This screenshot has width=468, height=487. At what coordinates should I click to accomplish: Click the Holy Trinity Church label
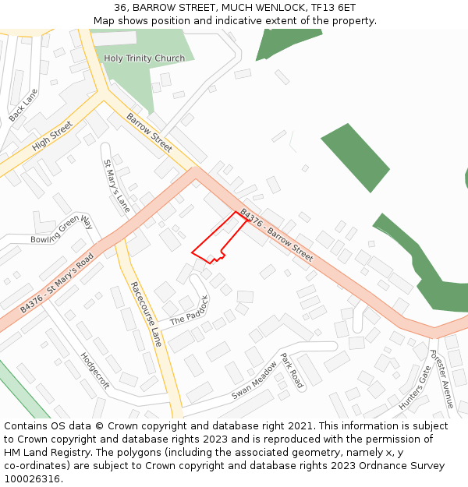[144, 58]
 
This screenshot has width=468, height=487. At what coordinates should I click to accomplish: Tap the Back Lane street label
[23, 105]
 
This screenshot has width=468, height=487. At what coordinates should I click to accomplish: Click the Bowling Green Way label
[62, 230]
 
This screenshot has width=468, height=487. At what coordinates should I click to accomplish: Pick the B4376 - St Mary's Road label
[58, 283]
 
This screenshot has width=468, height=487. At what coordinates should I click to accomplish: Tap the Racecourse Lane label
[146, 314]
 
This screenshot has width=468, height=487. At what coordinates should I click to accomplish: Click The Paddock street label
[190, 310]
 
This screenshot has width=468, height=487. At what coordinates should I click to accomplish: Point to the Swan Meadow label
[254, 381]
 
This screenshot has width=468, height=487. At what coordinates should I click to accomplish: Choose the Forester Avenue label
[441, 379]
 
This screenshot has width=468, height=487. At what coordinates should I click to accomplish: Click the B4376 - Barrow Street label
[276, 235]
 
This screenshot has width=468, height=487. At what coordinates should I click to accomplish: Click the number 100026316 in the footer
[33, 478]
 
